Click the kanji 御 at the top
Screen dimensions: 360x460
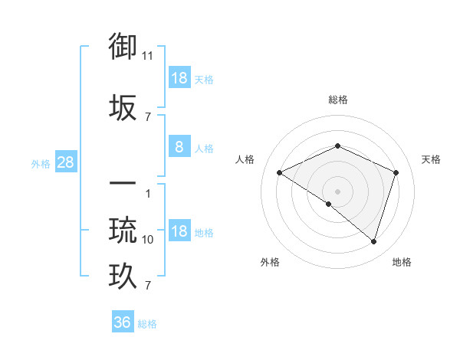click(x=123, y=47)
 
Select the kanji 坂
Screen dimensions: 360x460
click(x=123, y=106)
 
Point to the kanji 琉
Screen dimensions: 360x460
click(x=123, y=229)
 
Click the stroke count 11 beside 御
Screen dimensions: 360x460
click(x=148, y=56)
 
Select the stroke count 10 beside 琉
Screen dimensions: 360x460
click(x=148, y=240)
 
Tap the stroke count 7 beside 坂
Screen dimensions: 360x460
click(x=148, y=116)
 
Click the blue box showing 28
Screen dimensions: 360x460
click(x=65, y=162)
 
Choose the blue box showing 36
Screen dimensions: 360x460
click(x=123, y=322)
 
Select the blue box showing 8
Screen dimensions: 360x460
click(x=179, y=147)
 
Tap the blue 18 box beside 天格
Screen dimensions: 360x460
click(x=179, y=78)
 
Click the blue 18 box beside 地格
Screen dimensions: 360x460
click(x=179, y=231)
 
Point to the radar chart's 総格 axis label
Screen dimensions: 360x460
click(x=337, y=100)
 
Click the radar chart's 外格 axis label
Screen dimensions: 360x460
click(x=270, y=262)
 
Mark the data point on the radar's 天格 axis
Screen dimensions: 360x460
click(x=396, y=172)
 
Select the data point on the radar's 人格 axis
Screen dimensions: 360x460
click(x=280, y=173)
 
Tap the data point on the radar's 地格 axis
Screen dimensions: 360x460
click(x=374, y=241)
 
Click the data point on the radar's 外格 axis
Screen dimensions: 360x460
click(x=329, y=204)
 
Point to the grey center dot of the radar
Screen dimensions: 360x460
click(x=337, y=191)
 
